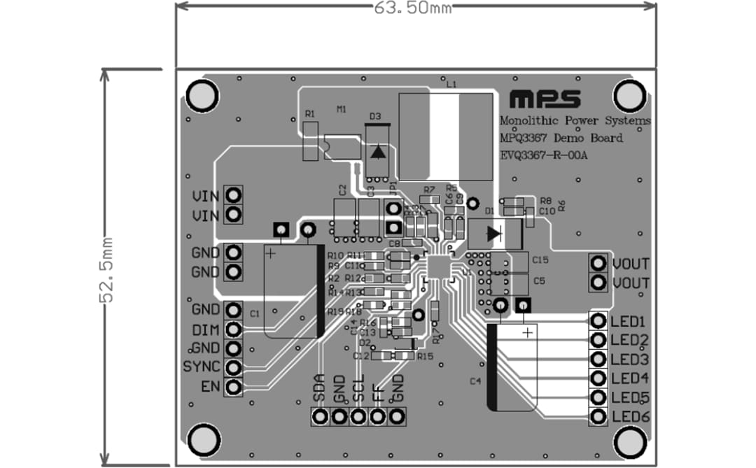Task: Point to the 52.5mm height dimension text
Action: (x=107, y=269)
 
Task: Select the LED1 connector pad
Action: (x=598, y=321)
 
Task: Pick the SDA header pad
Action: (x=321, y=417)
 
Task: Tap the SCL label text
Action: (x=358, y=388)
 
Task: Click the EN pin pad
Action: (x=234, y=385)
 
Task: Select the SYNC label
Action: (x=202, y=367)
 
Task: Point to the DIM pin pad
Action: (x=234, y=329)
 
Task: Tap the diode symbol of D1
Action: (x=495, y=233)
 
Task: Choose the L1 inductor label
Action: (x=451, y=84)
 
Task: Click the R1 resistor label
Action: (x=310, y=113)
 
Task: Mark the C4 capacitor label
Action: (x=475, y=381)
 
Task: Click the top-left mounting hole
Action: (x=202, y=96)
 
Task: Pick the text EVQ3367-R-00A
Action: (x=544, y=155)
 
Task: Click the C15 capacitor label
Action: (x=540, y=260)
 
